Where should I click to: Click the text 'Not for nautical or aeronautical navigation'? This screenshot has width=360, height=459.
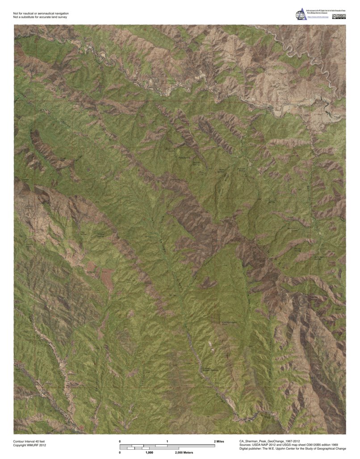coord(41,14)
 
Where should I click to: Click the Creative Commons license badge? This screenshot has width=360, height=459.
coord(341,17)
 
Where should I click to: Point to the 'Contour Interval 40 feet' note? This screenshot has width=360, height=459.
coord(29,441)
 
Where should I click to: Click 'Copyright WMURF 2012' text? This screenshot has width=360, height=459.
coord(29,445)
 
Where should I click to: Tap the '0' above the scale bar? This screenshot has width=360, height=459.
coord(120,441)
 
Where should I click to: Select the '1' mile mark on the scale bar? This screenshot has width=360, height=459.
coord(167,441)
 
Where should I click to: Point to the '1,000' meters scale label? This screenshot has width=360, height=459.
coord(150,453)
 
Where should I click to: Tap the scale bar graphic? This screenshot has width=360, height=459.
coord(167,446)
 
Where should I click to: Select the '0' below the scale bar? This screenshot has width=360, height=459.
coord(120,453)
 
